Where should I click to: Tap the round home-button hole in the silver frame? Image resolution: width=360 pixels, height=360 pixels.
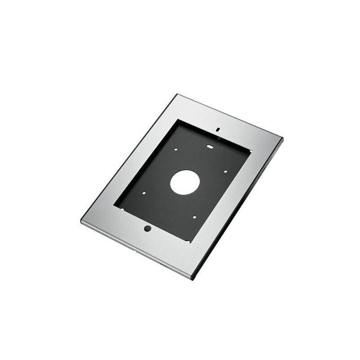pyautogui.click(x=148, y=228)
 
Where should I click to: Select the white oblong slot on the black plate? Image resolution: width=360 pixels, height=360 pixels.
pyautogui.click(x=210, y=146)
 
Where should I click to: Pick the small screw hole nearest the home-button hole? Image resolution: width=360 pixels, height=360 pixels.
pyautogui.click(x=145, y=194)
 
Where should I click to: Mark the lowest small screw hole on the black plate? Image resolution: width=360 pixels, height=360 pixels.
pyautogui.click(x=194, y=217)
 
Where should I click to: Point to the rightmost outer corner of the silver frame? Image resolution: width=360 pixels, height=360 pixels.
pyautogui.click(x=282, y=138)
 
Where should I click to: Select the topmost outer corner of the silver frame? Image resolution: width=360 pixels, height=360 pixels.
pyautogui.click(x=176, y=94)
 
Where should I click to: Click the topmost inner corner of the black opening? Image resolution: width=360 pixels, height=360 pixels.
pyautogui.click(x=176, y=120)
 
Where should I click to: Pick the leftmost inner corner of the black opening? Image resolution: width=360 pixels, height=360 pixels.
pyautogui.click(x=114, y=208)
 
